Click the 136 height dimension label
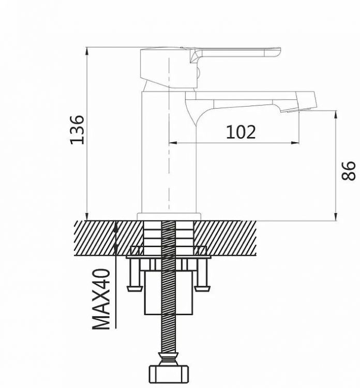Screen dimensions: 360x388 77,130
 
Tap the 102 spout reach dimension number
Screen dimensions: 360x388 241,132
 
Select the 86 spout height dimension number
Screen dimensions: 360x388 348,171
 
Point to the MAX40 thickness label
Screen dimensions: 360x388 101,299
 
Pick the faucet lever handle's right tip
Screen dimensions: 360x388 280,51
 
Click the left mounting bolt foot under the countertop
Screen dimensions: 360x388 134,289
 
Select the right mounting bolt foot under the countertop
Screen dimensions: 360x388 202,289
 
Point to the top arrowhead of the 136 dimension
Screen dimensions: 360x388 86,51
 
